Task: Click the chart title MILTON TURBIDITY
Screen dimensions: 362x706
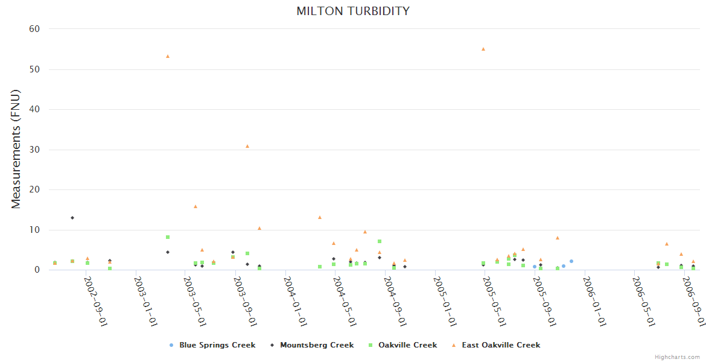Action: pos(353,11)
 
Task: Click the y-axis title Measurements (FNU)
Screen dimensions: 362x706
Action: pos(16,150)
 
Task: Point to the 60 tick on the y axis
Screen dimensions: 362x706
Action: pos(34,29)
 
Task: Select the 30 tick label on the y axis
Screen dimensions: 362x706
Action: pos(34,150)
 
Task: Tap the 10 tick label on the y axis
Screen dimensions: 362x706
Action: pos(34,230)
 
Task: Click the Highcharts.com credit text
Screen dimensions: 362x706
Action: pos(677,357)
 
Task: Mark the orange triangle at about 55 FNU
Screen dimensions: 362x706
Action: pos(483,49)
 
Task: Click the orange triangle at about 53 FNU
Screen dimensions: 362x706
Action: pos(168,56)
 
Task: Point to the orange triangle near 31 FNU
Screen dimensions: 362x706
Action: pos(247,146)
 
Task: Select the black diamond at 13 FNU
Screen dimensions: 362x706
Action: pos(72,218)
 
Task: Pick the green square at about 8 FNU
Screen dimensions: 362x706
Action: pos(168,237)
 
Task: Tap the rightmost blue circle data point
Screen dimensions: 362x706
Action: pos(571,261)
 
